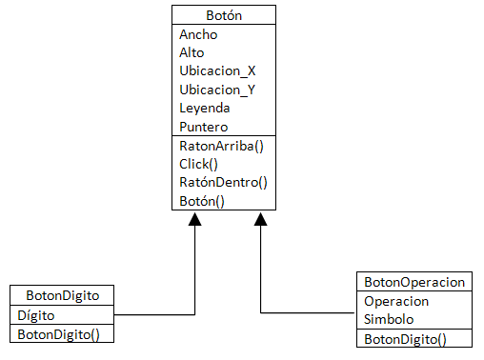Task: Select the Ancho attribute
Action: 198,34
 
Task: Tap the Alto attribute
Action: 192,52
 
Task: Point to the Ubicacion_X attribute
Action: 217,70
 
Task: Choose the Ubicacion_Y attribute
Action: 217,90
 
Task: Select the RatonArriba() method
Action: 221,146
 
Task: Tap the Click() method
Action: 198,164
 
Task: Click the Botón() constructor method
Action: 202,200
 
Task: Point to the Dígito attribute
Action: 37,314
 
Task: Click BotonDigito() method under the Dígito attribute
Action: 59,333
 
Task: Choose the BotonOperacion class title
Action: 414,282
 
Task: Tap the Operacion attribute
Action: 396,301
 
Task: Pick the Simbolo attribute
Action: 390,319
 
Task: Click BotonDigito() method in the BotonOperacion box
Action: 406,338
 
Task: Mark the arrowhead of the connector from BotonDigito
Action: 194,219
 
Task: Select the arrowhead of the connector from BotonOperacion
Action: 260,219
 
